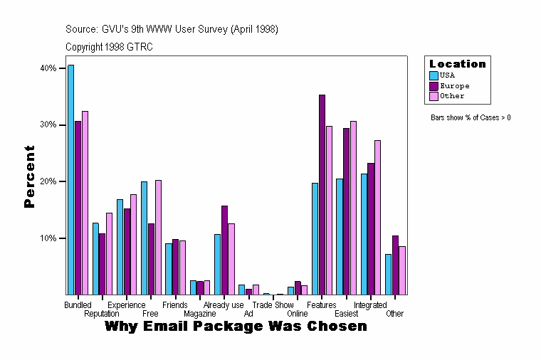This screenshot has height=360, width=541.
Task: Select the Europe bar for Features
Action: point(322,195)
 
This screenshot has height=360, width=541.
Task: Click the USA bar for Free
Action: point(144,238)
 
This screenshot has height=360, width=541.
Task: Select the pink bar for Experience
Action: point(134,245)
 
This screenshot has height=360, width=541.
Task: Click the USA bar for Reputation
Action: point(95,259)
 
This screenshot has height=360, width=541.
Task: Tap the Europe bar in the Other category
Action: point(395,265)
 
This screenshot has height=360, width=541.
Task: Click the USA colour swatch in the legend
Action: point(434,75)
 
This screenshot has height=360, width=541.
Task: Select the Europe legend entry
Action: point(454,85)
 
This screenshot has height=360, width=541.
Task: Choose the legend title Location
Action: point(457,64)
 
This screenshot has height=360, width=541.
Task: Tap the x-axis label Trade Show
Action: point(273,305)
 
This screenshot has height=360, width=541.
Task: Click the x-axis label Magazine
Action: point(199,314)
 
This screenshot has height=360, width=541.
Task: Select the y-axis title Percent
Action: point(29,176)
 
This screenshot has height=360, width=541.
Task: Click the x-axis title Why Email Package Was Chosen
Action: point(236,327)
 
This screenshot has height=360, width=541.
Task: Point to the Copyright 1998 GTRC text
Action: point(109,47)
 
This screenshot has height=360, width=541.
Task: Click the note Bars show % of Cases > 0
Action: point(471,117)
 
